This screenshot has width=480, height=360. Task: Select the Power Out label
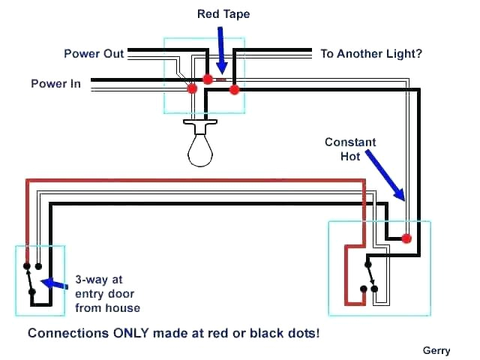(94, 54)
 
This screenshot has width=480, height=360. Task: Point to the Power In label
(55, 83)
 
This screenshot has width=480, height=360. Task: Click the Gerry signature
(436, 350)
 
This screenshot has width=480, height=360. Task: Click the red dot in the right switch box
(406, 238)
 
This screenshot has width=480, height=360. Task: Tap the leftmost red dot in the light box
(192, 88)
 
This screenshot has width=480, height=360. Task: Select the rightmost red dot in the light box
(234, 90)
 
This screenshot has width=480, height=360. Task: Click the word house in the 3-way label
(124, 308)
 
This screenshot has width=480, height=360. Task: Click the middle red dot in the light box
(207, 78)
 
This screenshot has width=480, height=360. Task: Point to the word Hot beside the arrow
(350, 156)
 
